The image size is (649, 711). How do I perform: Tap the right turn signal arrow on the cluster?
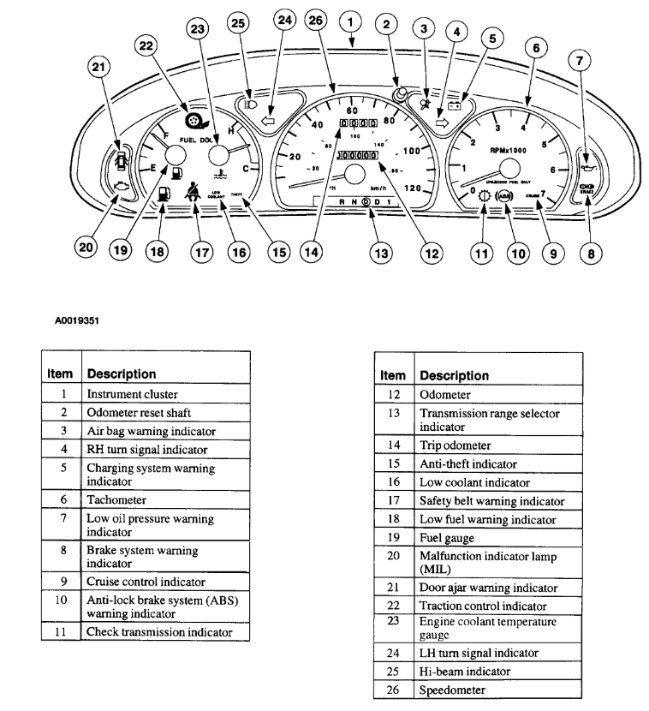[x=442, y=125]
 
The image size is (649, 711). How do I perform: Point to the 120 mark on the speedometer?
[x=414, y=188]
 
